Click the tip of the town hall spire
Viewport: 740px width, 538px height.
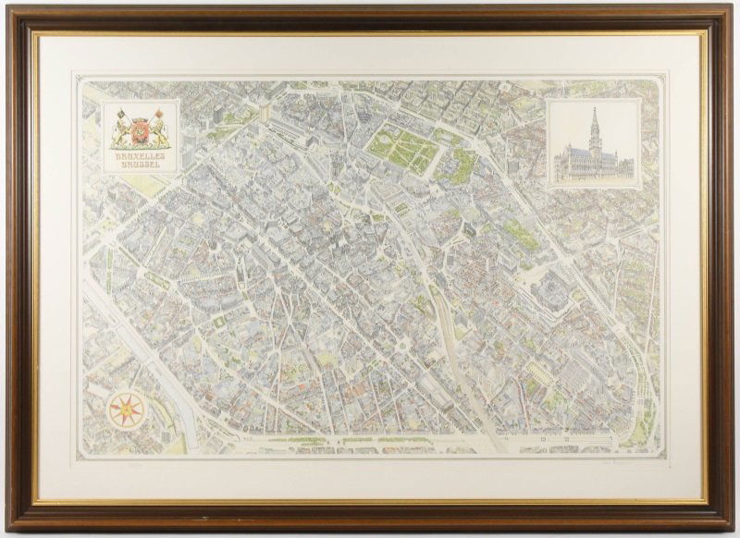tap(594, 110)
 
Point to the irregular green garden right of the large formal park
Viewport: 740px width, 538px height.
tap(460, 166)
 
